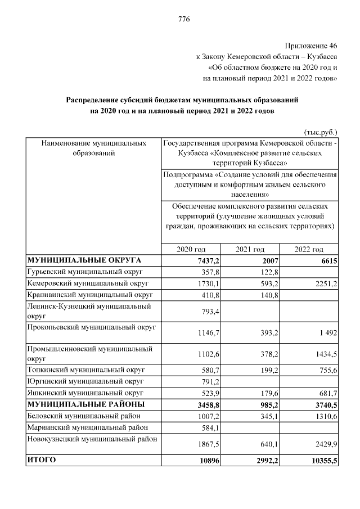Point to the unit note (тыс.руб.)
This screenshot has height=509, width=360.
(320, 133)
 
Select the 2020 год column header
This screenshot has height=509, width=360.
(191, 249)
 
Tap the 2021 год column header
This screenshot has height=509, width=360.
(250, 249)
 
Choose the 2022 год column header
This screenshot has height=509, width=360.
(309, 249)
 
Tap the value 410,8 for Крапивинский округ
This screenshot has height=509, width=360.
(208, 295)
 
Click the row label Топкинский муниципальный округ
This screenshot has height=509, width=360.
(85, 370)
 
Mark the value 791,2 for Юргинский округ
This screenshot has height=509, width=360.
(208, 382)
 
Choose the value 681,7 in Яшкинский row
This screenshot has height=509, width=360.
(326, 393)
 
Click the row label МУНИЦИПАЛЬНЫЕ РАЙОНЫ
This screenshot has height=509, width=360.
(85, 404)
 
